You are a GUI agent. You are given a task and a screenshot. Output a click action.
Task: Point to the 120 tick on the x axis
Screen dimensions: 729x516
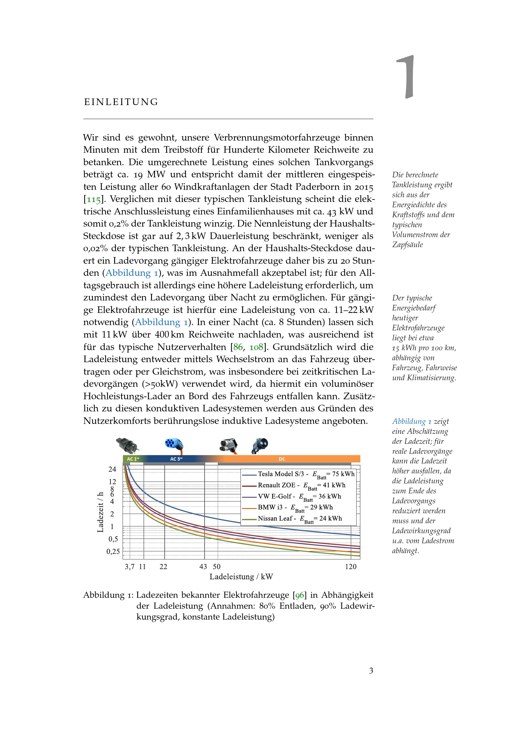tap(351, 567)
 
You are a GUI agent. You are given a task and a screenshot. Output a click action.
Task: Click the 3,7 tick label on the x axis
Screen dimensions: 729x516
tap(129, 567)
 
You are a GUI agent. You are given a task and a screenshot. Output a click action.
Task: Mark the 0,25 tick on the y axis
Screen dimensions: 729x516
tap(113, 552)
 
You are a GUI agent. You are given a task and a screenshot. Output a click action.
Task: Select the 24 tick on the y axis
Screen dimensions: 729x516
tap(113, 469)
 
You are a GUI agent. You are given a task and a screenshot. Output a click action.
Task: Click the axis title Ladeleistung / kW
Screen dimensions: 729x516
tap(241, 577)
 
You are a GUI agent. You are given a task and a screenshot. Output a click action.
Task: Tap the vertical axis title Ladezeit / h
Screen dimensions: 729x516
tap(100, 512)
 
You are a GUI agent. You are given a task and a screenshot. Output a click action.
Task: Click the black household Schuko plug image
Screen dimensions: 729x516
tap(127, 445)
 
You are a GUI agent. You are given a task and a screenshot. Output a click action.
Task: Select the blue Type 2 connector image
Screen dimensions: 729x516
tap(174, 445)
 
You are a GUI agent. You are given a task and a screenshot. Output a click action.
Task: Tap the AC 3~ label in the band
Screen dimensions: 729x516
tap(176, 459)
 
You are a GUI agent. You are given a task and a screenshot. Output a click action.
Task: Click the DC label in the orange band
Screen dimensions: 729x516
tap(282, 459)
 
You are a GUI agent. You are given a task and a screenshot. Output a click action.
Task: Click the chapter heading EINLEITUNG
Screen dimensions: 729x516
tap(121, 102)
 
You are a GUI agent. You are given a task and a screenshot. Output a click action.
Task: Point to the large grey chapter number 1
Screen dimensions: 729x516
tap(406, 77)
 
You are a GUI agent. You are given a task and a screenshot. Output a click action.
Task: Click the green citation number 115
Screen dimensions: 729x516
tap(94, 199)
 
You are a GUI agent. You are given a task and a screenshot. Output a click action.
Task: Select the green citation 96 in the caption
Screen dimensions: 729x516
tap(299, 595)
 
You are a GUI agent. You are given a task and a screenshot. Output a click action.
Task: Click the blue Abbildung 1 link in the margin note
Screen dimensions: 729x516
tap(412, 421)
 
